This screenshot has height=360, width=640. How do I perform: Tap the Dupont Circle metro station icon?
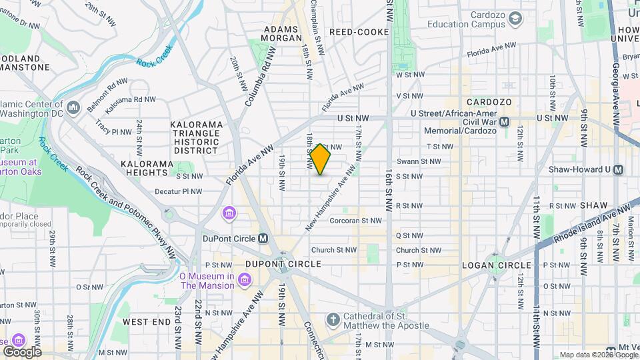263,238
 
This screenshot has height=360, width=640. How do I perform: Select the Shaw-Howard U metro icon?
618,169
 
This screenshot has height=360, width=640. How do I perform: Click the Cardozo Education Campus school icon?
515,19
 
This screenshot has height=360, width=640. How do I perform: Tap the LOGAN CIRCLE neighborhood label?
497,265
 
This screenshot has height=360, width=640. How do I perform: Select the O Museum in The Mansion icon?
244,280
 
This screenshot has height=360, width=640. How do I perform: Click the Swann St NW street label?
418,161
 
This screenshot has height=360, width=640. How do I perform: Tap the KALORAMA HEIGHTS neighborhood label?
145,168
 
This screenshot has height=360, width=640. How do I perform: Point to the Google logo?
22,351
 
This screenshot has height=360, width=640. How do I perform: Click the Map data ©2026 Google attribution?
598,355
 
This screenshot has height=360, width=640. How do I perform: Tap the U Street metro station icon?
505,121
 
